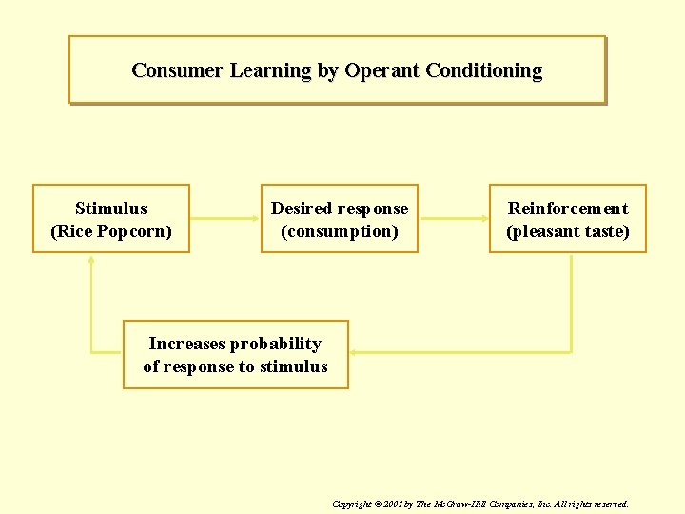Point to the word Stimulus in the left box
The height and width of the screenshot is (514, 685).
(111, 208)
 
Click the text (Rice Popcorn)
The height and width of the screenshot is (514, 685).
(111, 231)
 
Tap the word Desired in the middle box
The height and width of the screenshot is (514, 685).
(302, 208)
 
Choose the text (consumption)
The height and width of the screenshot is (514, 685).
(340, 231)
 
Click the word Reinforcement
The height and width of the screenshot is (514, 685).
(568, 208)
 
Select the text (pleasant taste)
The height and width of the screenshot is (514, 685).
(568, 231)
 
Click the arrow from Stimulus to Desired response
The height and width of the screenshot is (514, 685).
(225, 218)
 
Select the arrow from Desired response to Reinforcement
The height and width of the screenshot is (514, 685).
(453, 218)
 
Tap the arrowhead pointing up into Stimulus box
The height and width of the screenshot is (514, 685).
(91, 258)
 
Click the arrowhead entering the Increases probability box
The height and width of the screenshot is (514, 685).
(354, 353)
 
